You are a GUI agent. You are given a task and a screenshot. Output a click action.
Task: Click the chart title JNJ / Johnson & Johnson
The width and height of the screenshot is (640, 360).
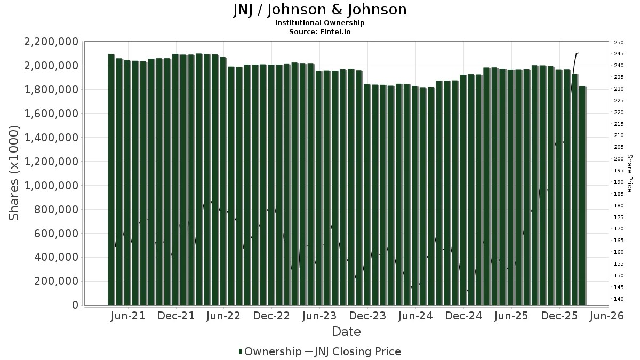(x=320, y=10)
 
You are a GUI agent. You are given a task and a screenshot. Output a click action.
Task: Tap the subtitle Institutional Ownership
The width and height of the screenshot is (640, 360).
(x=320, y=23)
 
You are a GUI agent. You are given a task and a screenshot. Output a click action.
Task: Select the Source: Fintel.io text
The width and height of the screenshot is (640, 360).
(x=320, y=32)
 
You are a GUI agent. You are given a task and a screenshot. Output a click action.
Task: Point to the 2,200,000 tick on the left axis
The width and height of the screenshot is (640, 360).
(x=49, y=42)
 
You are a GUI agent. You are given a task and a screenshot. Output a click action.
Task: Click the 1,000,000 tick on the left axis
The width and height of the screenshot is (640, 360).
(x=49, y=186)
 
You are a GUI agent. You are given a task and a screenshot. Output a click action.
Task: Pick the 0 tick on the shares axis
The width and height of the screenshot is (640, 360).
(x=75, y=305)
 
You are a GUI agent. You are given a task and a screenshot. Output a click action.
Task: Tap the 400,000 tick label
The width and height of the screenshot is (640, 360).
(x=53, y=257)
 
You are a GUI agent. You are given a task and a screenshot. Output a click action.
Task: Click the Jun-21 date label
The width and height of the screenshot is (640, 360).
(x=128, y=316)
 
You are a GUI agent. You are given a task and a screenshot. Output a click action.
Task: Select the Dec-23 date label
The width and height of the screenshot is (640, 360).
(x=367, y=316)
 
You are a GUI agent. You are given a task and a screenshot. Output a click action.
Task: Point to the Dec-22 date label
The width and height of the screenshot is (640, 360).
(x=271, y=316)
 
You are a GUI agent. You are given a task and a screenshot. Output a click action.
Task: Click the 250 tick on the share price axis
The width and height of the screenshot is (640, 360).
(x=619, y=42)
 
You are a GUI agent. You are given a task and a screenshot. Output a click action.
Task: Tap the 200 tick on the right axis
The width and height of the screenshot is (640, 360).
(x=619, y=159)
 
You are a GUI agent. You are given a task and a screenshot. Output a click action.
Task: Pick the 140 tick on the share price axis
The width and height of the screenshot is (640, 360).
(x=619, y=299)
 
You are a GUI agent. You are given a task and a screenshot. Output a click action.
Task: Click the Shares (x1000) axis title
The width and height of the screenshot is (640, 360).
(x=14, y=173)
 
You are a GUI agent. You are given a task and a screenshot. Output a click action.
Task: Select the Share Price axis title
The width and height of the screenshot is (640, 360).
(x=629, y=173)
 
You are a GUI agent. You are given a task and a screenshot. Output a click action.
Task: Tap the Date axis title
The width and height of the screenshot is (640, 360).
(x=346, y=332)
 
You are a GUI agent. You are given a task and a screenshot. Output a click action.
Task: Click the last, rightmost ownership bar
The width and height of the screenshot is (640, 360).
(x=582, y=195)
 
